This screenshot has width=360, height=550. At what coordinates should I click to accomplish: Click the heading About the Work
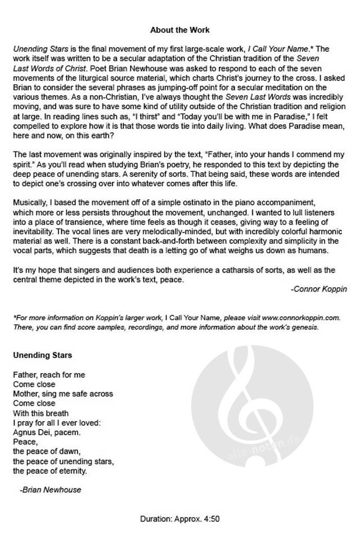[179, 29]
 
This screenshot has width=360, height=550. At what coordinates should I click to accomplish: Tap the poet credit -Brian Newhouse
[50, 489]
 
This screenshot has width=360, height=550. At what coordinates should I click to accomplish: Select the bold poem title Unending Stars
[42, 356]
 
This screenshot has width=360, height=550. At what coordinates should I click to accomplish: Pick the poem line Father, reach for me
[48, 374]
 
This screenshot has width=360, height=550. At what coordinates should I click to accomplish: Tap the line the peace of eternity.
[49, 471]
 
